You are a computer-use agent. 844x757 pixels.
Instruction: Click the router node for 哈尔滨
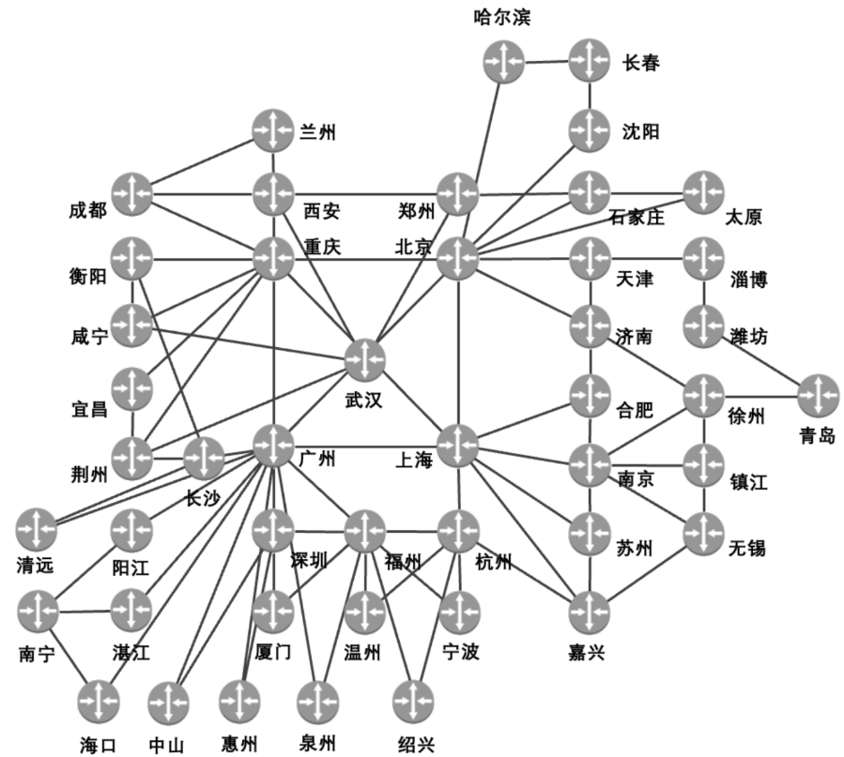[x=504, y=62]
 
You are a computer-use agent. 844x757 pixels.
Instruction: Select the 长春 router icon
[x=590, y=61]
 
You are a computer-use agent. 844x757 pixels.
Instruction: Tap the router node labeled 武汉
[x=365, y=359]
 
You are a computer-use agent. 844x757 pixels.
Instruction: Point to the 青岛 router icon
[x=818, y=395]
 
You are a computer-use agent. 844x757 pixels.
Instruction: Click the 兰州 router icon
[x=273, y=130]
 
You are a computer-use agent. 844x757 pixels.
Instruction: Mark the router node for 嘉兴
[x=590, y=612]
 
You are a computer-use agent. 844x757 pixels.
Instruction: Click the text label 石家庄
[x=636, y=219]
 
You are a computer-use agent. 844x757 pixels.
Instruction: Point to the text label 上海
[x=412, y=460]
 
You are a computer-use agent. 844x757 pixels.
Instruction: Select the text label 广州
[x=317, y=459]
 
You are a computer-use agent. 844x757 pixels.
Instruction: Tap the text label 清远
[x=36, y=565]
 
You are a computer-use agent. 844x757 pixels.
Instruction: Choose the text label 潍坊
[x=748, y=336]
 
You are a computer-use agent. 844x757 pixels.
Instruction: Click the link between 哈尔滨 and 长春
[x=546, y=62]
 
